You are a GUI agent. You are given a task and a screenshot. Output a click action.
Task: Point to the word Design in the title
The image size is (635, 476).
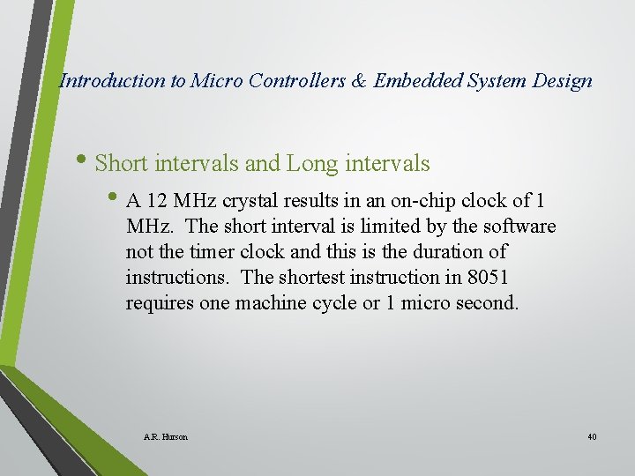click(563, 81)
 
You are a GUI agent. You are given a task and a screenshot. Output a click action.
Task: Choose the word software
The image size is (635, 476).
click(517, 227)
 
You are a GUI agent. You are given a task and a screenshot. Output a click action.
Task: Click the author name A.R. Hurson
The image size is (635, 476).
click(165, 437)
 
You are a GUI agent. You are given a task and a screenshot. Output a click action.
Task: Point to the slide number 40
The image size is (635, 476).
click(592, 437)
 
